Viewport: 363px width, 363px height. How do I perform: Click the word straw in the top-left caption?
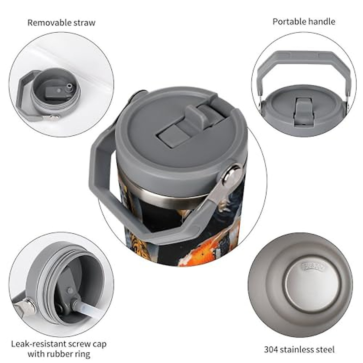(x=84, y=23)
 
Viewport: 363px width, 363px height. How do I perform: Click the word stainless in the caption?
(x=297, y=350)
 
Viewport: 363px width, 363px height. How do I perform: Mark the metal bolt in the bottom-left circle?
(x=29, y=304)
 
